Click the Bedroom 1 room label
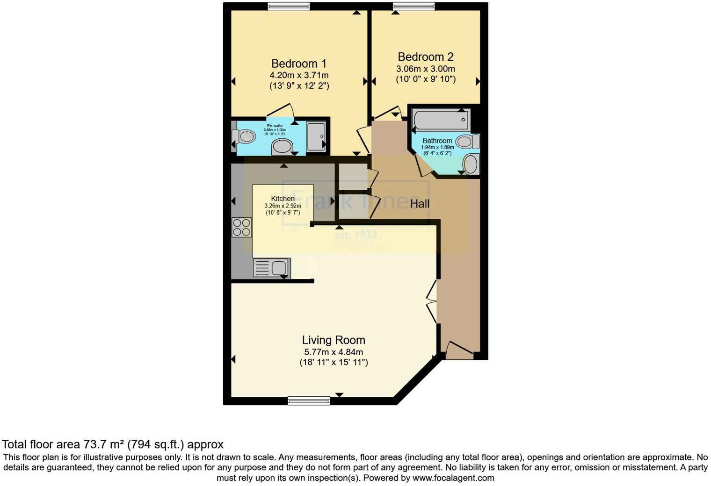point(299,64)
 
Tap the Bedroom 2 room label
point(425,57)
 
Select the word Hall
point(420,204)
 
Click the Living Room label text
point(333,340)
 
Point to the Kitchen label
point(283,199)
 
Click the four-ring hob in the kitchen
point(241,228)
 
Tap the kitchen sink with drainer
point(272,268)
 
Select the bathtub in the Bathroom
point(441,120)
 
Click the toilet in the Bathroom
point(467,141)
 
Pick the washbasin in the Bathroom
point(471,164)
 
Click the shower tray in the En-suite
point(316,136)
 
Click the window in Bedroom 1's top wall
point(289,7)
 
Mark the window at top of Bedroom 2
point(414,7)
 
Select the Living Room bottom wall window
point(309,400)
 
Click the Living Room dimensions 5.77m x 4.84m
point(333,352)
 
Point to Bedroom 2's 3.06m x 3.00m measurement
point(425,69)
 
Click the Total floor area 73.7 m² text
point(112,444)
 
